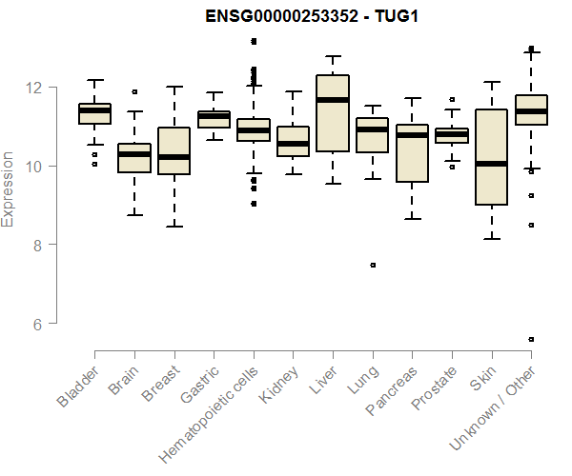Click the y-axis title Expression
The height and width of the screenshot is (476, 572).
pyautogui.click(x=9, y=188)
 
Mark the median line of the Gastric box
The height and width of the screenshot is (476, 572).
pyautogui.click(x=214, y=116)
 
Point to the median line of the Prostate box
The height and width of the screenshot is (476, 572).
pyautogui.click(x=452, y=135)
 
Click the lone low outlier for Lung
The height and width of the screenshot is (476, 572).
pyautogui.click(x=373, y=265)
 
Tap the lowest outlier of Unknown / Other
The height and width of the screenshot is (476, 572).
pyautogui.click(x=531, y=339)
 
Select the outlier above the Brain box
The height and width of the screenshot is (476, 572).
pyautogui.click(x=134, y=92)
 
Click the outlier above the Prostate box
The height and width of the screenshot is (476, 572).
pyautogui.click(x=452, y=99)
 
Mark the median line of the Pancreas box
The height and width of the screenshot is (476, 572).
pyautogui.click(x=412, y=135)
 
